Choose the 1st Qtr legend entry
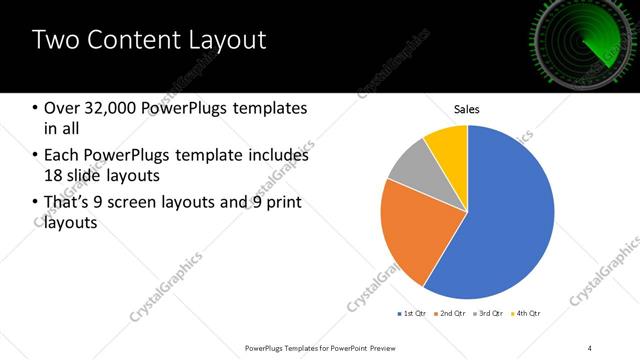(413, 314)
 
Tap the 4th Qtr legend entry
(529, 314)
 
